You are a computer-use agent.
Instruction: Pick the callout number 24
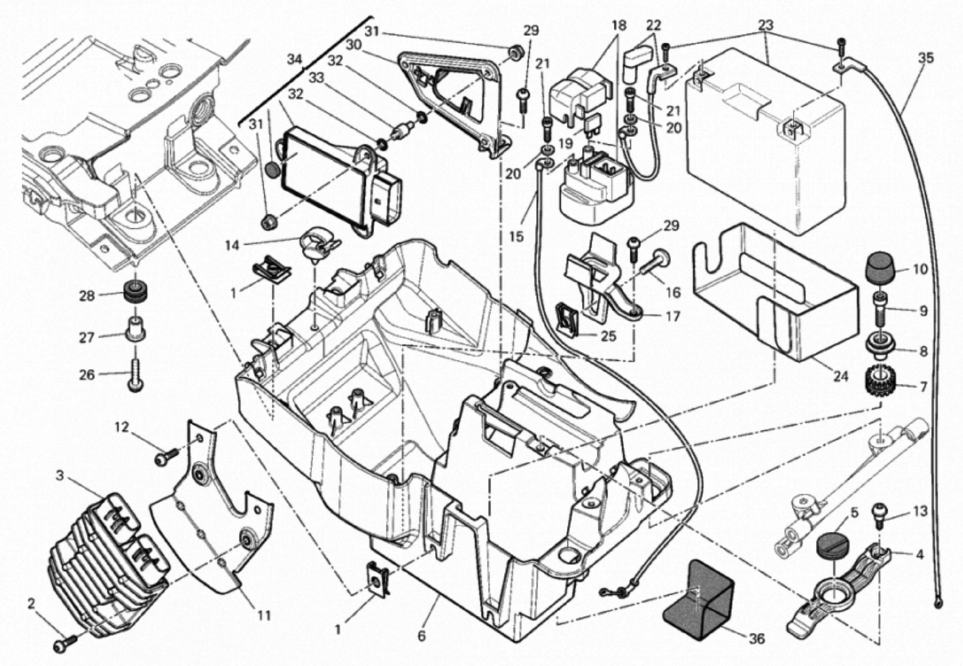(841, 376)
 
